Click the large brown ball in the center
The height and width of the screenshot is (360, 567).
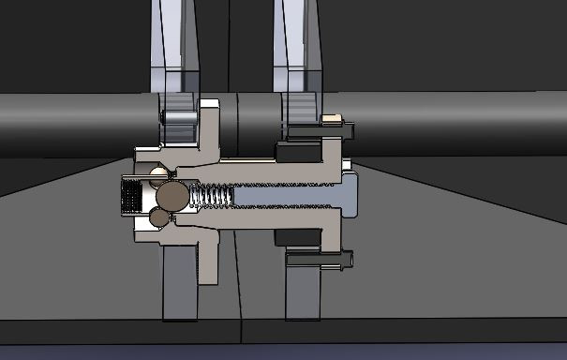[x=172, y=197]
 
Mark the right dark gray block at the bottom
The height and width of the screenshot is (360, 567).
[x=302, y=291]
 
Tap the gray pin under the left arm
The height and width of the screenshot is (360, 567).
[x=177, y=117]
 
